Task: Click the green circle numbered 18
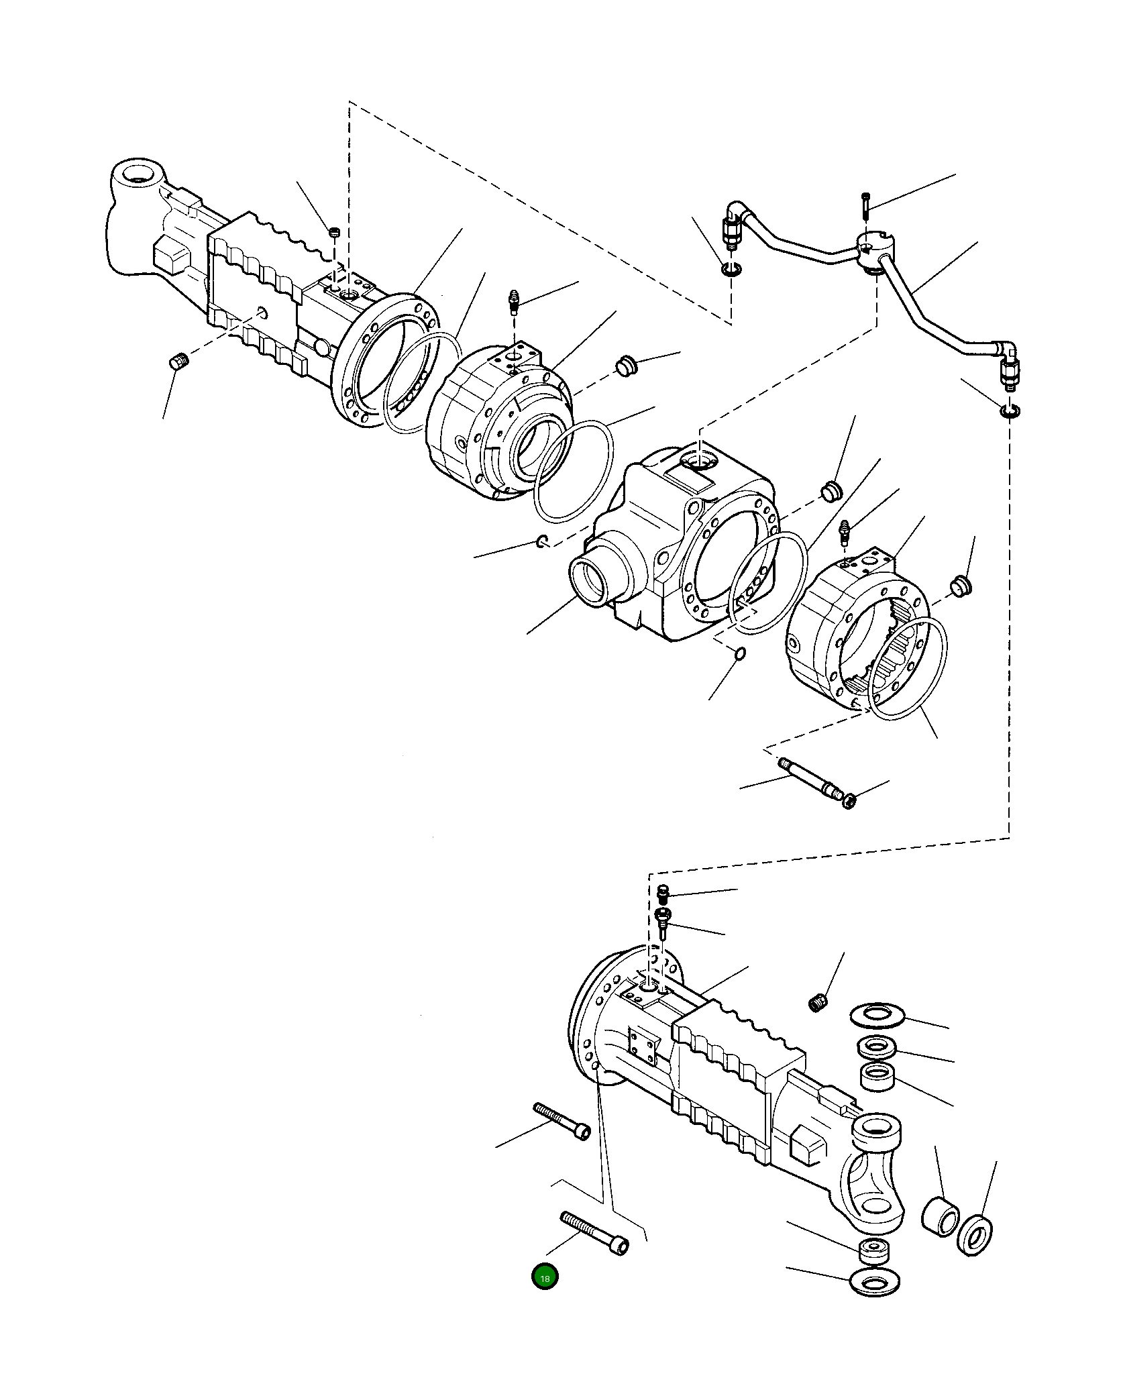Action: (545, 1278)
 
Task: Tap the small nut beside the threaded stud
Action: (849, 800)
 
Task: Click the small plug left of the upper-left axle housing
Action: (178, 363)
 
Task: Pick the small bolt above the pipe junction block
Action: (865, 205)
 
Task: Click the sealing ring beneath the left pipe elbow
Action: (731, 270)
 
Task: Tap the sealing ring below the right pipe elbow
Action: (1009, 411)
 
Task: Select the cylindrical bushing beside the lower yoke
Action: (941, 1217)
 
